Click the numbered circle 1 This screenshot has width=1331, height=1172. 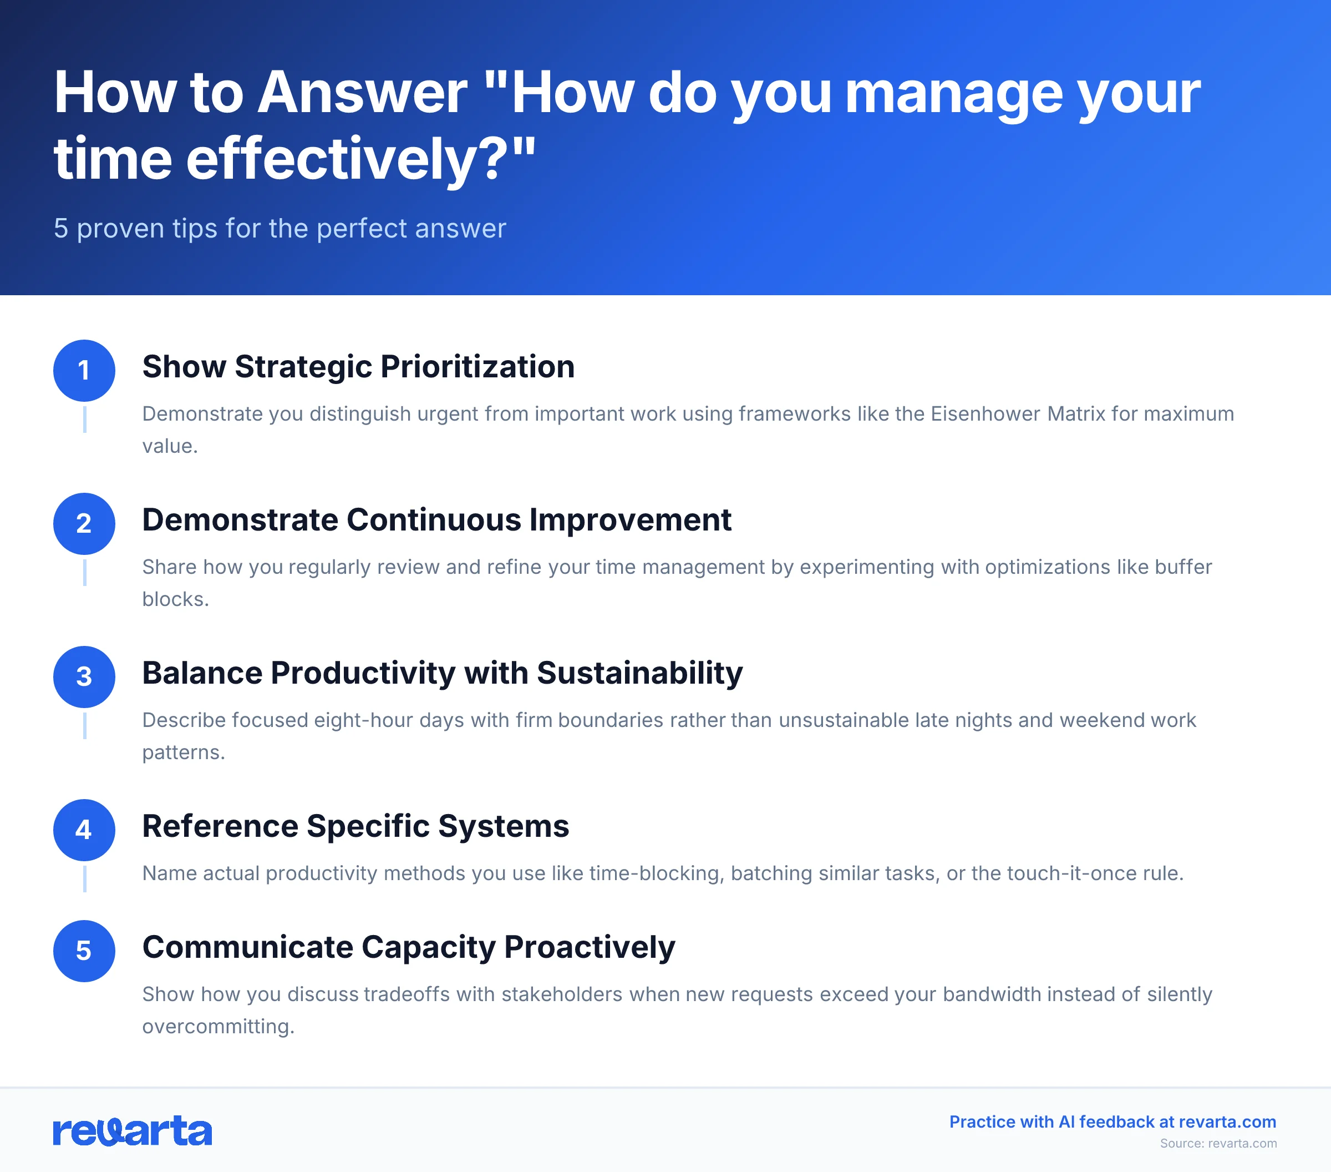click(x=84, y=371)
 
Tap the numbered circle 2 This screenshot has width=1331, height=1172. click(x=84, y=524)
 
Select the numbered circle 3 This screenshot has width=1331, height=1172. click(x=84, y=677)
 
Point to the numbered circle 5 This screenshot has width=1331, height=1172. click(x=84, y=951)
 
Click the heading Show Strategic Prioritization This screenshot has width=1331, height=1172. click(x=358, y=367)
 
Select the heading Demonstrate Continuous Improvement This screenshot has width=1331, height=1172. click(x=436, y=520)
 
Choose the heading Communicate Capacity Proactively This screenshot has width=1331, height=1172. click(x=408, y=947)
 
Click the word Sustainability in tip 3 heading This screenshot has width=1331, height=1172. click(x=639, y=673)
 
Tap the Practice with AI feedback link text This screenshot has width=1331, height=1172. click(x=1112, y=1122)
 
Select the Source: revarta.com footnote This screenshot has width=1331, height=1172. click(x=1218, y=1143)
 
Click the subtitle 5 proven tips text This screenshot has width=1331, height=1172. click(x=280, y=229)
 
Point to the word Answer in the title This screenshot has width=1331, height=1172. click(x=362, y=93)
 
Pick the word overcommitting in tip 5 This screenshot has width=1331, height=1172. click(x=218, y=1026)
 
